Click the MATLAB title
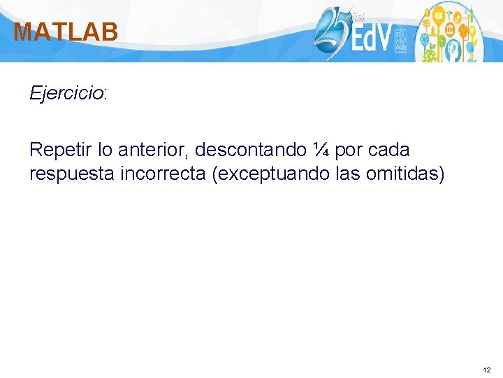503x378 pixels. (66, 31)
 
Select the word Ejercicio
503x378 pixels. (66, 93)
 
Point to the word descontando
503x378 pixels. (251, 149)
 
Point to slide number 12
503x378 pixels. (486, 369)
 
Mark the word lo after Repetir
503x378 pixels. (104, 149)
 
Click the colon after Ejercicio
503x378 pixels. (105, 94)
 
